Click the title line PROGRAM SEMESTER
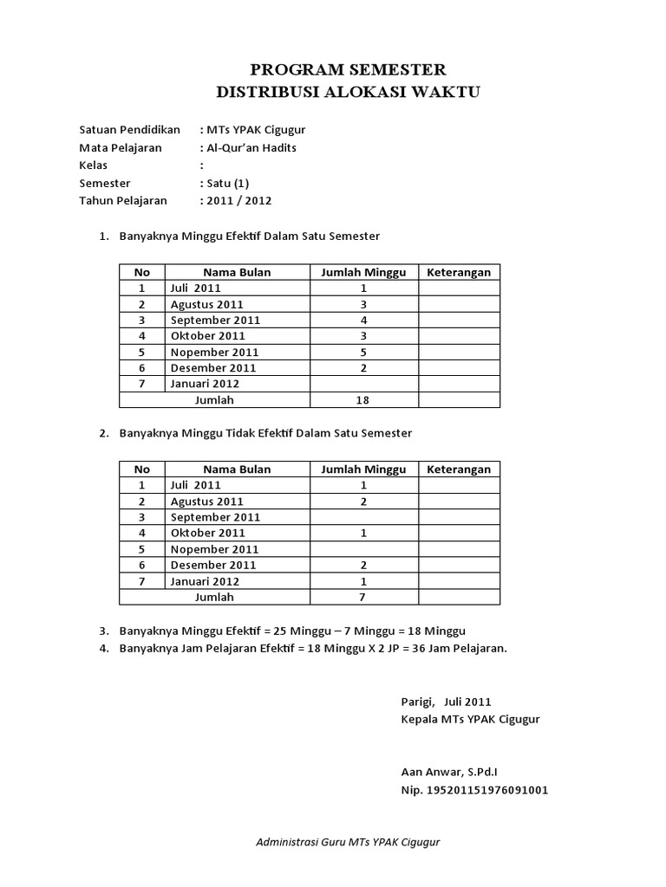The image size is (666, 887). pyautogui.click(x=348, y=69)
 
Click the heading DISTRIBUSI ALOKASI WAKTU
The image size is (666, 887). pyautogui.click(x=348, y=91)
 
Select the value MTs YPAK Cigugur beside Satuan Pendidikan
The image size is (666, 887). pyautogui.click(x=254, y=130)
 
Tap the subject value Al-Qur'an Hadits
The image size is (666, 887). pyautogui.click(x=251, y=148)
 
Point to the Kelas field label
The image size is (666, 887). pyautogui.click(x=93, y=165)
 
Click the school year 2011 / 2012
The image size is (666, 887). pyautogui.click(x=238, y=200)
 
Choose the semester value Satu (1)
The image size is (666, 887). pyautogui.click(x=227, y=183)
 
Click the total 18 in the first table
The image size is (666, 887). pyautogui.click(x=363, y=400)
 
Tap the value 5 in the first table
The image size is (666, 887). pyautogui.click(x=363, y=352)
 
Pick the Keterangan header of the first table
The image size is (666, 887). pyautogui.click(x=459, y=272)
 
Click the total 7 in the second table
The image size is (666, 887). pyautogui.click(x=363, y=598)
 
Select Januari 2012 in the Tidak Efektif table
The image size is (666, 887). pyautogui.click(x=205, y=581)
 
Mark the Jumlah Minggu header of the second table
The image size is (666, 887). pyautogui.click(x=363, y=469)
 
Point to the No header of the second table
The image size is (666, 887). pyautogui.click(x=141, y=469)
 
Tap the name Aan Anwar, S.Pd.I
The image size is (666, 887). pyautogui.click(x=448, y=771)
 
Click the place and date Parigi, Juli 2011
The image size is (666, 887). pyautogui.click(x=445, y=702)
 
